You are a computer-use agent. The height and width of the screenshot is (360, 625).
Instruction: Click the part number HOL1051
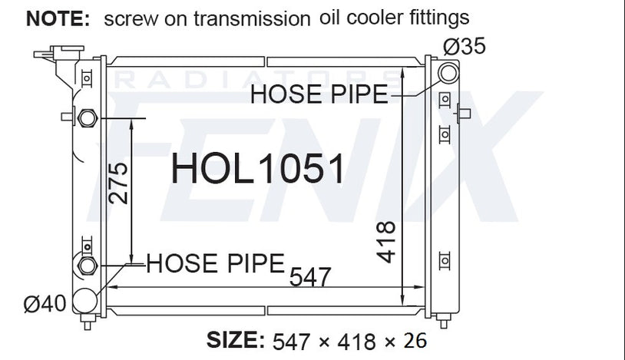coord(257,169)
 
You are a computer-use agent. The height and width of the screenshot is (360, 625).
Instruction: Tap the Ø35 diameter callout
coord(465,46)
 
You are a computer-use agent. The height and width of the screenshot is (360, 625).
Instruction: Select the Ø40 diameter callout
coord(45,304)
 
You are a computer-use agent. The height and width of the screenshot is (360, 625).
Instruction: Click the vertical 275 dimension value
coord(118,183)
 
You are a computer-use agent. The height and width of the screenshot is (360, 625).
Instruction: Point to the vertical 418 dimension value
coord(386,242)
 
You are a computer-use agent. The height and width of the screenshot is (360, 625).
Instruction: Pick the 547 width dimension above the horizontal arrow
coord(310,277)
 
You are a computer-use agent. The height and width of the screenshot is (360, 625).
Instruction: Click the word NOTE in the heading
coord(58,18)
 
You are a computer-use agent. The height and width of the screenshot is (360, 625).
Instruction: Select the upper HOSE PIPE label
coord(319,94)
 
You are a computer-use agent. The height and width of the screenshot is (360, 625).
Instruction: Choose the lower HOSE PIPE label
coord(216,263)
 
